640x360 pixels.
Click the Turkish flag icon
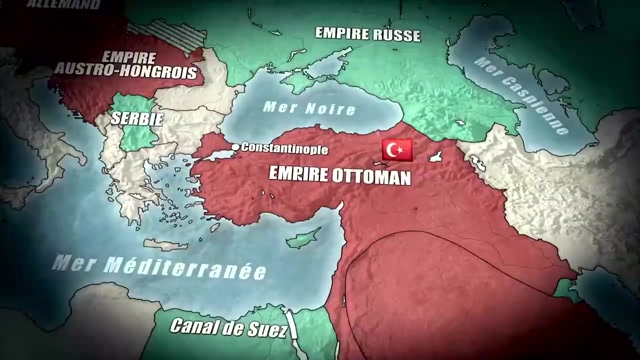coord(398,151)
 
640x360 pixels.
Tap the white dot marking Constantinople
coord(236,148)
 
